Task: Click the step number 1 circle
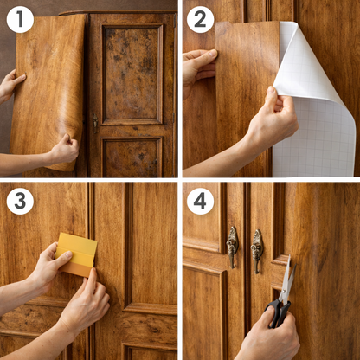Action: (x=20, y=19)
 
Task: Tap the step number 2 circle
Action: (x=200, y=19)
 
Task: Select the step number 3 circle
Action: (x=20, y=201)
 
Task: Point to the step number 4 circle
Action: (x=200, y=201)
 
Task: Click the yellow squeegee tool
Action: (x=76, y=254)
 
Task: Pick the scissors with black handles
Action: (x=281, y=294)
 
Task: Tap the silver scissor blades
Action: (x=288, y=279)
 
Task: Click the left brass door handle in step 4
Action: (x=232, y=247)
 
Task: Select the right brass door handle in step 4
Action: (x=256, y=251)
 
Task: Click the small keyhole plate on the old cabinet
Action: (x=95, y=123)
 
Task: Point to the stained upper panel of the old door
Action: (x=132, y=74)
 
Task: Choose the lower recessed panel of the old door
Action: (x=132, y=157)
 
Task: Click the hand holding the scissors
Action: (x=268, y=336)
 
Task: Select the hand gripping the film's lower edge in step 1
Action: (x=64, y=150)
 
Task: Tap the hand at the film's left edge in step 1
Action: (x=11, y=85)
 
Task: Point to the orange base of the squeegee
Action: (x=76, y=270)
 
